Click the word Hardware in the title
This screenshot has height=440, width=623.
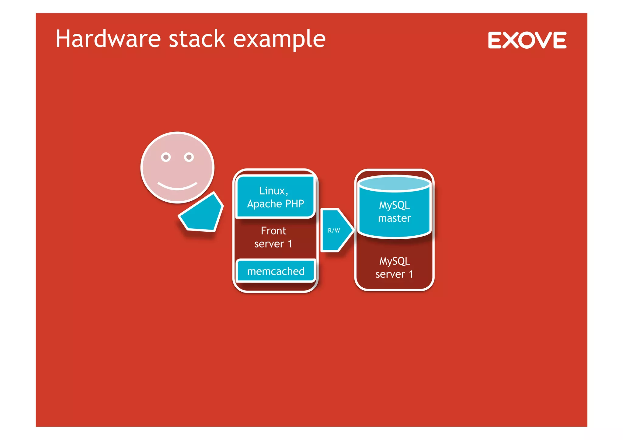(x=108, y=39)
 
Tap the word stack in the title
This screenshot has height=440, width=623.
(x=197, y=39)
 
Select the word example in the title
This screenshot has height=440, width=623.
(x=279, y=40)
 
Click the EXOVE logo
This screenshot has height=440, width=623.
(x=527, y=40)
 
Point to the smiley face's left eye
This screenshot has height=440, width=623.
(x=166, y=157)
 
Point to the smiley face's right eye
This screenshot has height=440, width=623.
(x=189, y=157)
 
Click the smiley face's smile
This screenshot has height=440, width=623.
(x=177, y=186)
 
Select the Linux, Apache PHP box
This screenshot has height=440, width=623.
(x=275, y=197)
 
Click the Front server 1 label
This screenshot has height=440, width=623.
(x=273, y=237)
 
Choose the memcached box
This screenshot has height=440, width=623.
(x=276, y=271)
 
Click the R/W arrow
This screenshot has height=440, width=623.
(x=336, y=230)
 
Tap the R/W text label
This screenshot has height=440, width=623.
(x=334, y=230)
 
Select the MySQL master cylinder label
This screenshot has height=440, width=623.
(x=394, y=212)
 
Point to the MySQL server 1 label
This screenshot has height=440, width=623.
(x=394, y=268)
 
